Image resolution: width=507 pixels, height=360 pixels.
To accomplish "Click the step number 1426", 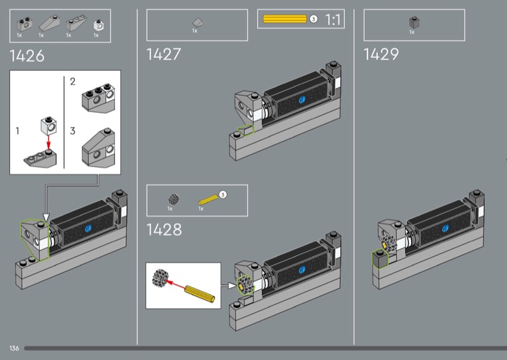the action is [27, 56].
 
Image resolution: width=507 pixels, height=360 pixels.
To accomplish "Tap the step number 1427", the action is [164, 55].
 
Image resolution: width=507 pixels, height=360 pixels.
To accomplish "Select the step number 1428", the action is [164, 229].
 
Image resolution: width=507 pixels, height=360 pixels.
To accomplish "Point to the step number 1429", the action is [382, 55].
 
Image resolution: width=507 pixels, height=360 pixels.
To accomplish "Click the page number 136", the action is [14, 348].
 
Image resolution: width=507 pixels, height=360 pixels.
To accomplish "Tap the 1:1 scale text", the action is [333, 20].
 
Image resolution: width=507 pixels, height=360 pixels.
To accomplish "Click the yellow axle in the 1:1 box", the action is [285, 19].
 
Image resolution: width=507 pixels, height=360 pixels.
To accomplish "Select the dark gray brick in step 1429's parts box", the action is [414, 22].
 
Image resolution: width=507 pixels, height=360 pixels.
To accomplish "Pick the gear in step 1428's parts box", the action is [174, 199].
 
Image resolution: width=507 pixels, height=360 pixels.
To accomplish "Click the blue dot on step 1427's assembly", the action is [302, 100].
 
